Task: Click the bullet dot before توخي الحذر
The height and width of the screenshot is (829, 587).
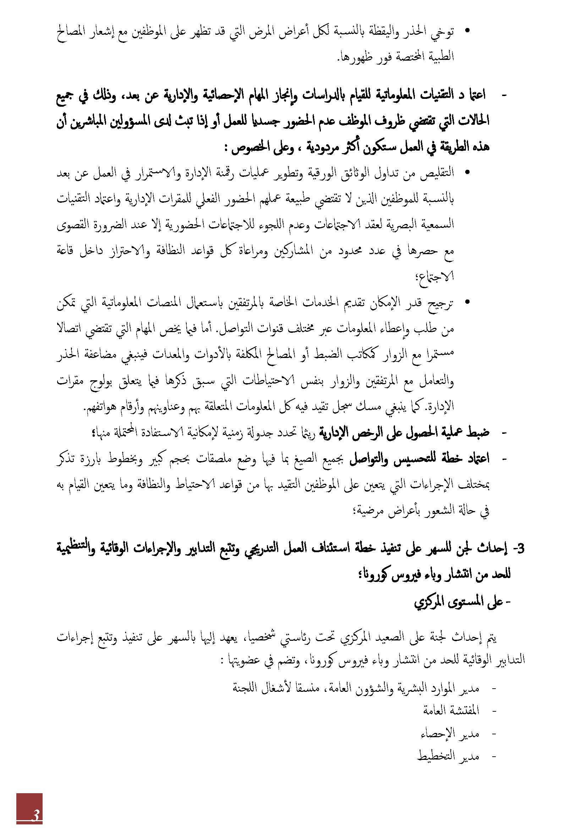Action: (x=467, y=31)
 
